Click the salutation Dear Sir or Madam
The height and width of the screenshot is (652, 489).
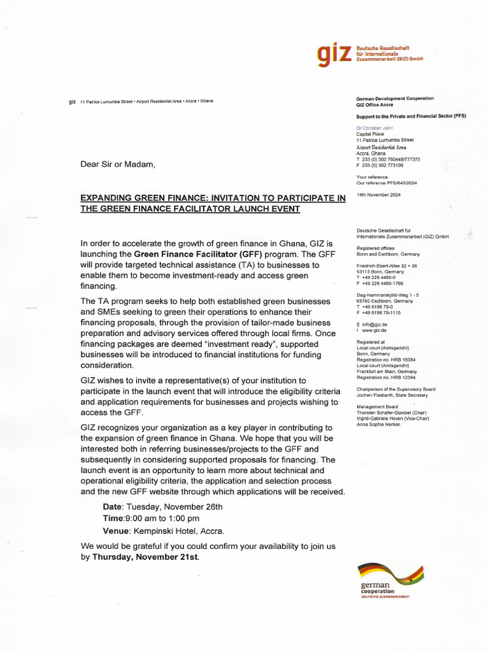pos(118,164)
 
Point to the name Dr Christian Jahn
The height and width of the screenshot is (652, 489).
pos(374,128)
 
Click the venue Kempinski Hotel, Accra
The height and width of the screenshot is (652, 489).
pos(179,530)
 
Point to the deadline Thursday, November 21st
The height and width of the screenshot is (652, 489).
pos(145,556)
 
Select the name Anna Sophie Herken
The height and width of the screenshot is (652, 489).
pos(379,424)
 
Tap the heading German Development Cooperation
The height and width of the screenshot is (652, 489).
pos(395,99)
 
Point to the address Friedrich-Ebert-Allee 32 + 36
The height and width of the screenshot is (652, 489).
pos(387,266)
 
